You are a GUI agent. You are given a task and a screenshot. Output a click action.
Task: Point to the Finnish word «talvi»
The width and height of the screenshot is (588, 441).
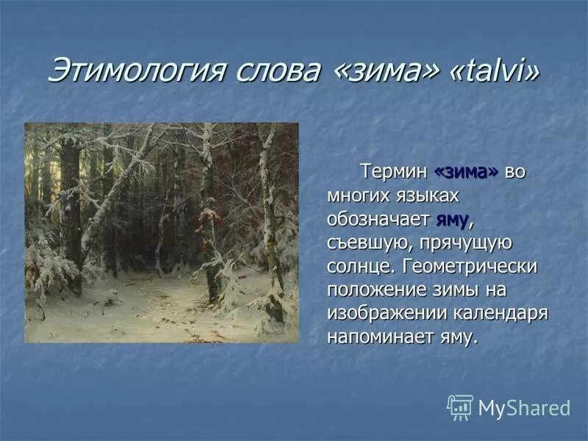click(x=493, y=71)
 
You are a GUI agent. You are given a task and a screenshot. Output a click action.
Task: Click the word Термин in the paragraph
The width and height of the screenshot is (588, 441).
click(x=393, y=171)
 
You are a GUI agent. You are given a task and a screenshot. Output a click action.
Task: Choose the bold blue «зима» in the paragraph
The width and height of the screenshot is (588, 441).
click(x=467, y=171)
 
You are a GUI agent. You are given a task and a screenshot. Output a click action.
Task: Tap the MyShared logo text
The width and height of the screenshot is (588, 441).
click(x=523, y=408)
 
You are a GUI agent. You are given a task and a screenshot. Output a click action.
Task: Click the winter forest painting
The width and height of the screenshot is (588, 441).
click(x=162, y=232)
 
